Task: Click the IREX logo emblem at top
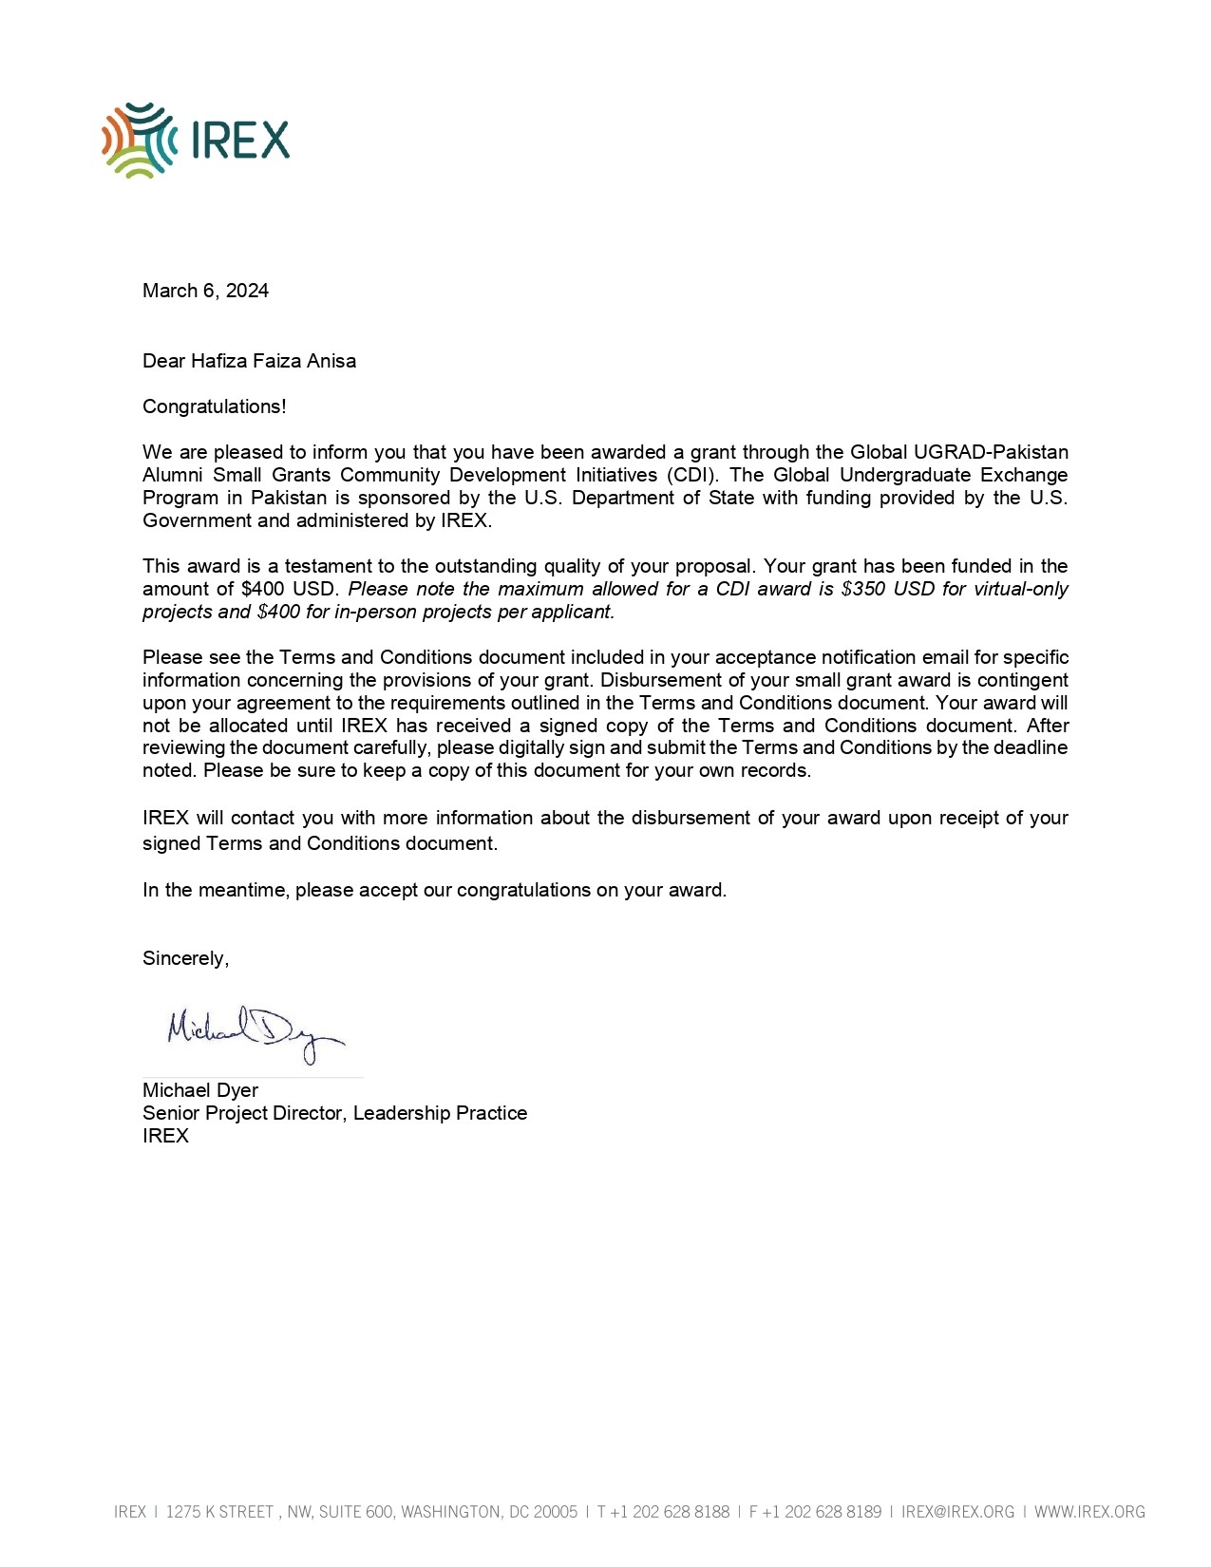pos(139,141)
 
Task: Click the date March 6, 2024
pos(205,291)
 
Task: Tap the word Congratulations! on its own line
pos(214,406)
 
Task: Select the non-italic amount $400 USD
pos(290,589)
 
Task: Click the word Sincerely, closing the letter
pos(185,958)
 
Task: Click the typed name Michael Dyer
pos(200,1090)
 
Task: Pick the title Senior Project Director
pos(244,1113)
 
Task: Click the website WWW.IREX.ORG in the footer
pos(1089,1512)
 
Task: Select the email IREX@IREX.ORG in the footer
pos(957,1512)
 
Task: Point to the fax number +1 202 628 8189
pos(822,1512)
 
